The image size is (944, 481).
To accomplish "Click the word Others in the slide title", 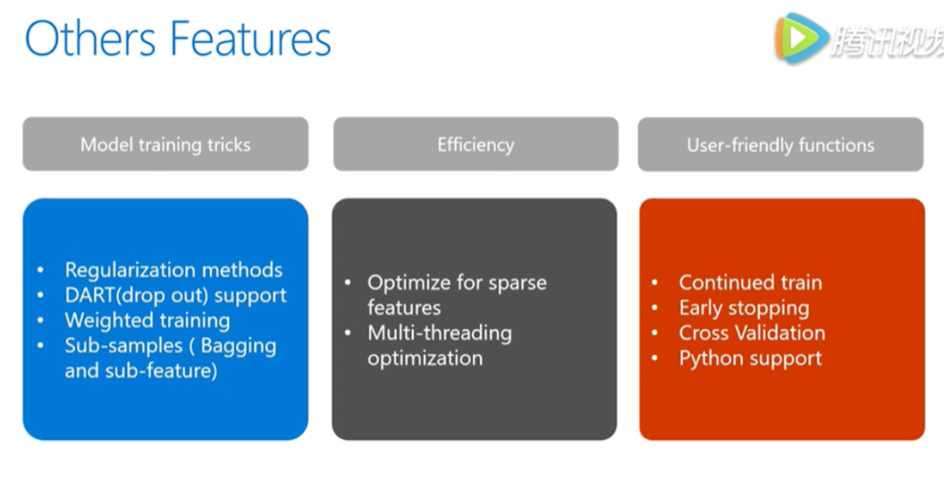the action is click(x=90, y=39).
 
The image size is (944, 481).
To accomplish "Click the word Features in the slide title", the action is click(x=251, y=39).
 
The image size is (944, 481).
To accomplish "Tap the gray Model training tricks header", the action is click(x=165, y=145).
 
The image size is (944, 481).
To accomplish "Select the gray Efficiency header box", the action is click(x=475, y=145).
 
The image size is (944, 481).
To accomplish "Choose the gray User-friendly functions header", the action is click(x=781, y=145).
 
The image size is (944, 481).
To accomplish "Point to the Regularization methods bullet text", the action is click(x=174, y=270).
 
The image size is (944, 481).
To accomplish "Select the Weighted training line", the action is click(x=148, y=320).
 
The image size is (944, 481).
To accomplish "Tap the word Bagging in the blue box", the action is click(x=239, y=346).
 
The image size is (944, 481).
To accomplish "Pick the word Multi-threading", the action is click(x=440, y=333).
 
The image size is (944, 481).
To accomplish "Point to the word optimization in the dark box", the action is click(x=425, y=358).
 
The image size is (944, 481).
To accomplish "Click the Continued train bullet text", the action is click(x=750, y=283).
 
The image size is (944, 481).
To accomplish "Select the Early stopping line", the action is click(x=744, y=308).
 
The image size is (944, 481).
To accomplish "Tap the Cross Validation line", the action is click(x=752, y=333).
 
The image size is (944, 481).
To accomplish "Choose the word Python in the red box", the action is click(x=710, y=358).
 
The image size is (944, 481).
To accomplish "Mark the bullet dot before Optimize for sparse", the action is click(x=348, y=283).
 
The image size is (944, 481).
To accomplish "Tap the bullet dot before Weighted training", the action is click(x=41, y=320).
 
